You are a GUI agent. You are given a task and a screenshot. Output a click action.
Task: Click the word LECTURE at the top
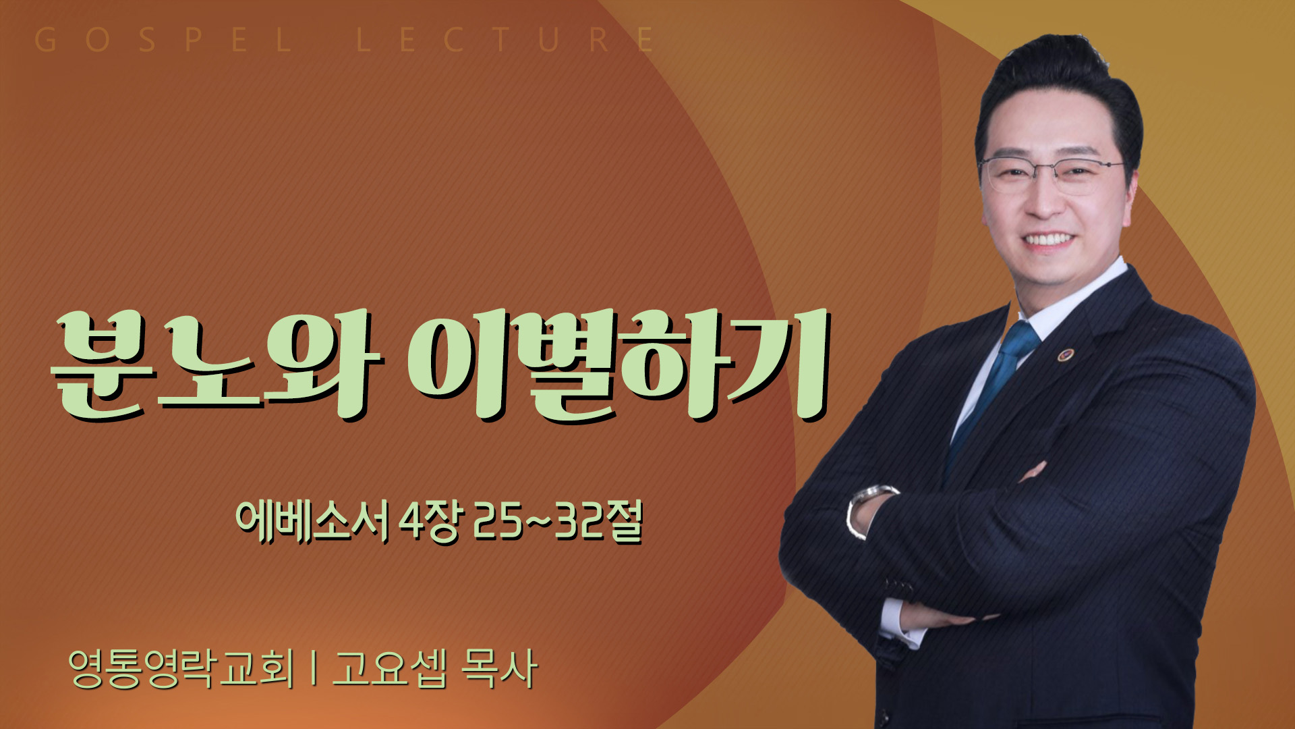(505, 40)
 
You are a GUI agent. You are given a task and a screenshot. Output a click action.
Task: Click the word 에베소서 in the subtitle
(312, 522)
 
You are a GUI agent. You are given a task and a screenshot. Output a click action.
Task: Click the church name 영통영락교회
(181, 669)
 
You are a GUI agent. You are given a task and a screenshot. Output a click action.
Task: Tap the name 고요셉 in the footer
(390, 669)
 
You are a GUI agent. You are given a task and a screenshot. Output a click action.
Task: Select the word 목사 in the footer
(499, 669)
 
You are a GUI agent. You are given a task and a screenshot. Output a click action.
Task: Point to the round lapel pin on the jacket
(1066, 354)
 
